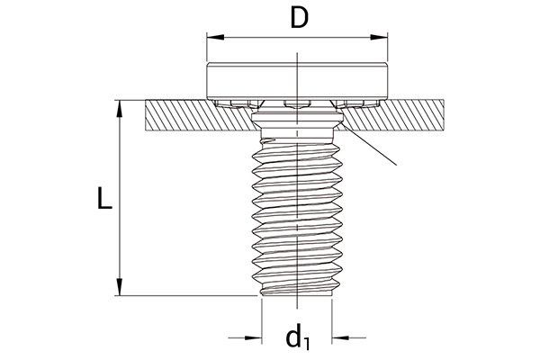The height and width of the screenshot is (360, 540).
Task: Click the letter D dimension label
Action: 299,18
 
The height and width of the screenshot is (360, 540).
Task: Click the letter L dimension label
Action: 104,198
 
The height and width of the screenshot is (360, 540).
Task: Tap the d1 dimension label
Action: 298,337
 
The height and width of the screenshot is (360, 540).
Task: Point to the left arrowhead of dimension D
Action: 215,37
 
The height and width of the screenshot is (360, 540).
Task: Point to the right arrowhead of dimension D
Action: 379,37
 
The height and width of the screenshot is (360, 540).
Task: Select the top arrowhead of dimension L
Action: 119,109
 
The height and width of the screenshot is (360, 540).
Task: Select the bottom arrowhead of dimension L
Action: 119,287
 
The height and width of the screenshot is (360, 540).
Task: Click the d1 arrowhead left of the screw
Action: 253,338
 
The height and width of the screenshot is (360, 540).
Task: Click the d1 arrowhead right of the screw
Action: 340,338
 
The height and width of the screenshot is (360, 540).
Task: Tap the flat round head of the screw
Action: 297,81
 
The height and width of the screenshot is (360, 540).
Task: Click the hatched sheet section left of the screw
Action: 200,116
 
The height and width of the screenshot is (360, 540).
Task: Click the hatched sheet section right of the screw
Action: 392,116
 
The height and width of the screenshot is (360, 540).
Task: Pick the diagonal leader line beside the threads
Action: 370,145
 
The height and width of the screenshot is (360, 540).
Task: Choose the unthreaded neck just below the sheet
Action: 297,133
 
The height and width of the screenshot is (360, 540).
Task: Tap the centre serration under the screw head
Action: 297,104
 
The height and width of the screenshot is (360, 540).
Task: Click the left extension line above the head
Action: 207,48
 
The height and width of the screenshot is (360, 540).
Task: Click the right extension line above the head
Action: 388,48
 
